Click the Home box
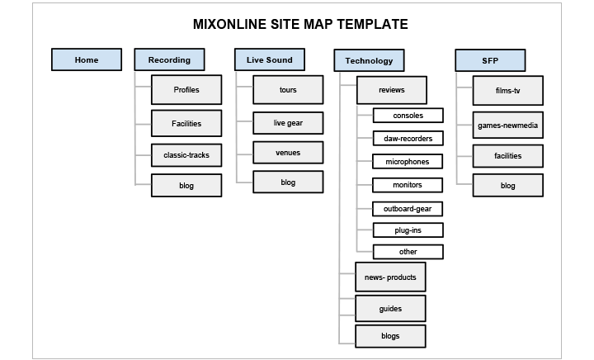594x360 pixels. [86, 59]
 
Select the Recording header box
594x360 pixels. [169, 59]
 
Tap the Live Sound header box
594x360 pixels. [269, 59]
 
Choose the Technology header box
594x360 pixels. [369, 61]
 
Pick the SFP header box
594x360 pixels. [490, 59]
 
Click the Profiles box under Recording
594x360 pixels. [186, 89]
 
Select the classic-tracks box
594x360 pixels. [186, 155]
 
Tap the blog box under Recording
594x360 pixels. [186, 186]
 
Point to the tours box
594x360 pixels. [288, 89]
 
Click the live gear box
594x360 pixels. [288, 123]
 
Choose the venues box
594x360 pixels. [288, 153]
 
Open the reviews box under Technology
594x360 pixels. [392, 89]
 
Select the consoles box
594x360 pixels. [408, 116]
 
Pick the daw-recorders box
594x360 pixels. [408, 139]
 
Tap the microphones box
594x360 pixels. [408, 161]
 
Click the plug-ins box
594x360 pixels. [408, 230]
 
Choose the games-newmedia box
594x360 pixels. [508, 125]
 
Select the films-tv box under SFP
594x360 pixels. [508, 90]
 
